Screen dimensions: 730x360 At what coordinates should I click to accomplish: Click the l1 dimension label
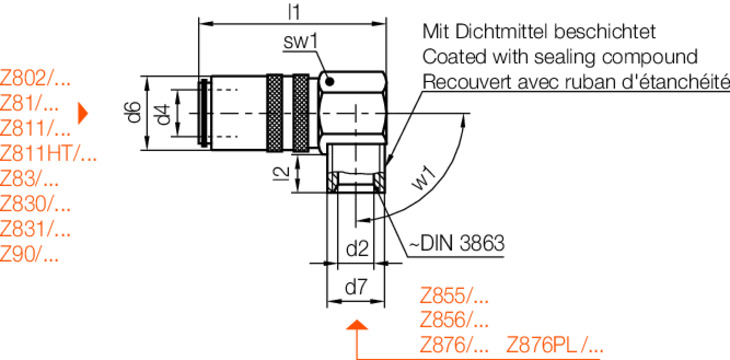[294, 12]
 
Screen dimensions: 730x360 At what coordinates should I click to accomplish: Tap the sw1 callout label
[300, 42]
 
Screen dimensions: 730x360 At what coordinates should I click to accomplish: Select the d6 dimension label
[134, 113]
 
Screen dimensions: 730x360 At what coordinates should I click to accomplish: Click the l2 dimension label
[281, 174]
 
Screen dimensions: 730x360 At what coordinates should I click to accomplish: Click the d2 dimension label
[358, 249]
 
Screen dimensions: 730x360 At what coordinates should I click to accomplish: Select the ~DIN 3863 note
[457, 243]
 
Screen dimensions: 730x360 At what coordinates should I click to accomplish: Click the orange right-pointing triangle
[82, 114]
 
